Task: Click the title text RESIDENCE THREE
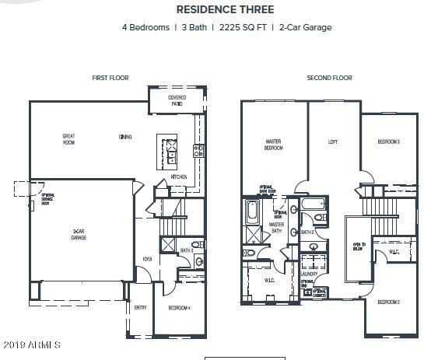pos(225,10)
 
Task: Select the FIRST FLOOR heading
pos(110,78)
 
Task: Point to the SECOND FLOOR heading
pos(329,78)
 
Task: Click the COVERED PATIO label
pos(177,100)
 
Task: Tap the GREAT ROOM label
pos(68,139)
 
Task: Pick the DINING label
pos(125,137)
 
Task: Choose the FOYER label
pos(146,260)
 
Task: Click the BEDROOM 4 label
pos(180,308)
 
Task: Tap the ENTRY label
pos(141,308)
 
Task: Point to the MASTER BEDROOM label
pos(273,144)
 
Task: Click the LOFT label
pos(332,142)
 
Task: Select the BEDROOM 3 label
pos(389,142)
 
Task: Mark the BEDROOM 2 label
pos(389,302)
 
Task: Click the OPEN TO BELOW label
pos(358,246)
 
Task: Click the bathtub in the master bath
pos(252,211)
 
